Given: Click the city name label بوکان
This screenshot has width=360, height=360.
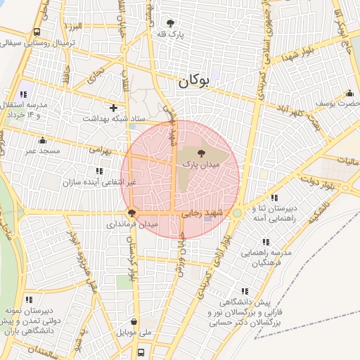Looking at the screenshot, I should click(194, 81).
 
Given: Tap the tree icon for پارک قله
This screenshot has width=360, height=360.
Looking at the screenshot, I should click(168, 22).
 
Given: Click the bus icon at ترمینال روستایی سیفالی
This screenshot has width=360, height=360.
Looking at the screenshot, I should click(37, 32).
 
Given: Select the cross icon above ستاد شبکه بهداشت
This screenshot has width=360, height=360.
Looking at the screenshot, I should click(113, 108).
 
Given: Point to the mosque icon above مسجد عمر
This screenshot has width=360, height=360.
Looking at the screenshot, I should click(41, 139).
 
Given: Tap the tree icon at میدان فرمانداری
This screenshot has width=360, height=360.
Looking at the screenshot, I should click(131, 212).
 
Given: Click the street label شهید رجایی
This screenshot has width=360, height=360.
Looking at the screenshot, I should click(202, 212).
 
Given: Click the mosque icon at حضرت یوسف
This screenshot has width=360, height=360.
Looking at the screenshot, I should click(349, 93).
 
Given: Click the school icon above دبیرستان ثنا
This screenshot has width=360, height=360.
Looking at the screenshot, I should click(274, 198).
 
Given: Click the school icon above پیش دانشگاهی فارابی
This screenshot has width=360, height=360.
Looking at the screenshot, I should click(245, 290).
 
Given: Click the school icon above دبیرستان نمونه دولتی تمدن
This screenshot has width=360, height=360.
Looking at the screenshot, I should click(29, 300).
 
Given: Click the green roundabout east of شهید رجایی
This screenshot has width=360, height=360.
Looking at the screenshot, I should click(238, 212).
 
